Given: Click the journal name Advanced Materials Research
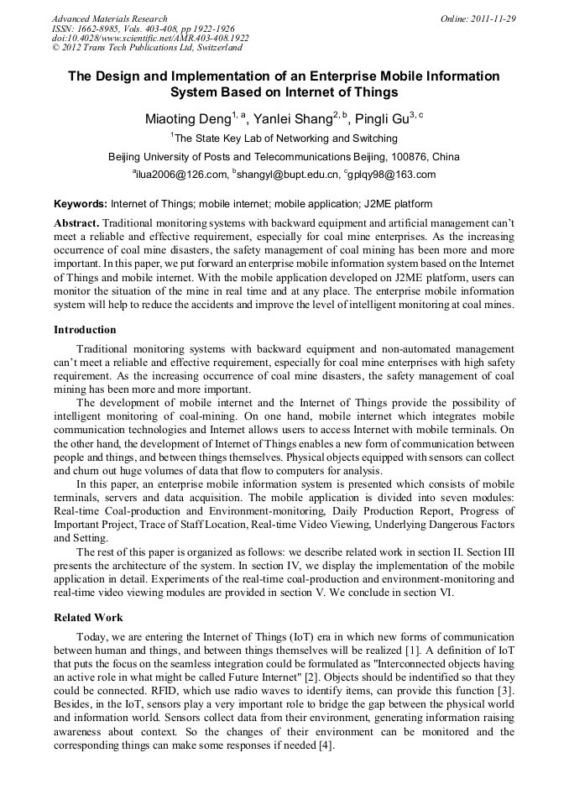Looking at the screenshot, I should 109,18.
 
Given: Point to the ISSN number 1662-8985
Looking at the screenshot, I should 92,29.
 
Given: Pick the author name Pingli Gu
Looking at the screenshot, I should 381,120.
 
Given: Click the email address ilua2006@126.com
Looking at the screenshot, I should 182,175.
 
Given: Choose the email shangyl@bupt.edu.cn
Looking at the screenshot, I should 288,175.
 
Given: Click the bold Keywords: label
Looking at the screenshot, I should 81,203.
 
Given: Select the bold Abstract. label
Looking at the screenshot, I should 76,222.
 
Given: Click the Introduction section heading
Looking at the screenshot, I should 85,330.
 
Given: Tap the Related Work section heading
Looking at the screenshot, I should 88,618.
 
